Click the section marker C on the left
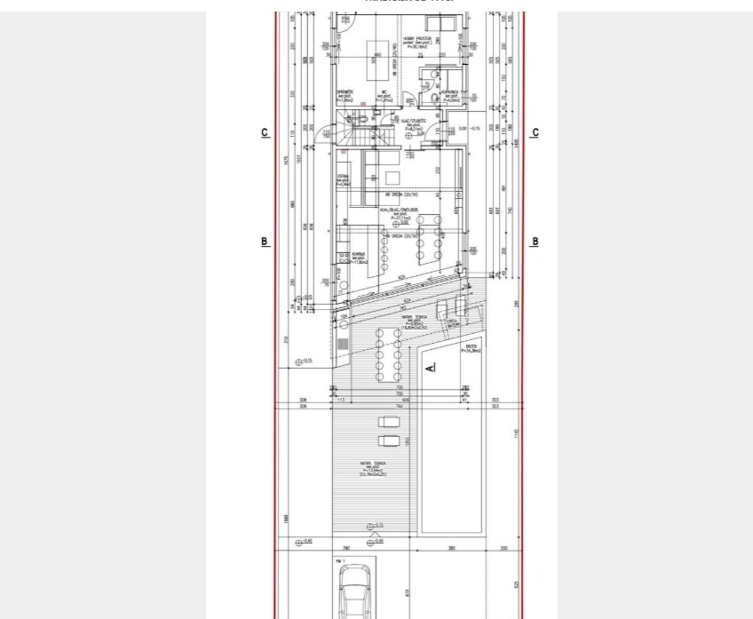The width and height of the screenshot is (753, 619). (265, 133)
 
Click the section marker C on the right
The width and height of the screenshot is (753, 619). (535, 133)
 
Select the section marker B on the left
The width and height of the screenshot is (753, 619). (265, 242)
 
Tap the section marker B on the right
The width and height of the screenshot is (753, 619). (535, 242)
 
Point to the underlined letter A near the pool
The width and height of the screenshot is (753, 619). (431, 366)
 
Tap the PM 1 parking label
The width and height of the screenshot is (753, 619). (339, 561)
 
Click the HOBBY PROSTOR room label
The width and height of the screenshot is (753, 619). (417, 41)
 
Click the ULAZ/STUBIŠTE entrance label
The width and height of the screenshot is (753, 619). (415, 123)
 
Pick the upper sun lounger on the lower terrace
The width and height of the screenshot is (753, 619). (389, 422)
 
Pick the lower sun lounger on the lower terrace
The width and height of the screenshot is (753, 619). (389, 440)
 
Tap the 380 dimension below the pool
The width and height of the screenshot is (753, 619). (452, 548)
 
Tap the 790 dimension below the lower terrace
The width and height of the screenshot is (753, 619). (346, 548)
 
